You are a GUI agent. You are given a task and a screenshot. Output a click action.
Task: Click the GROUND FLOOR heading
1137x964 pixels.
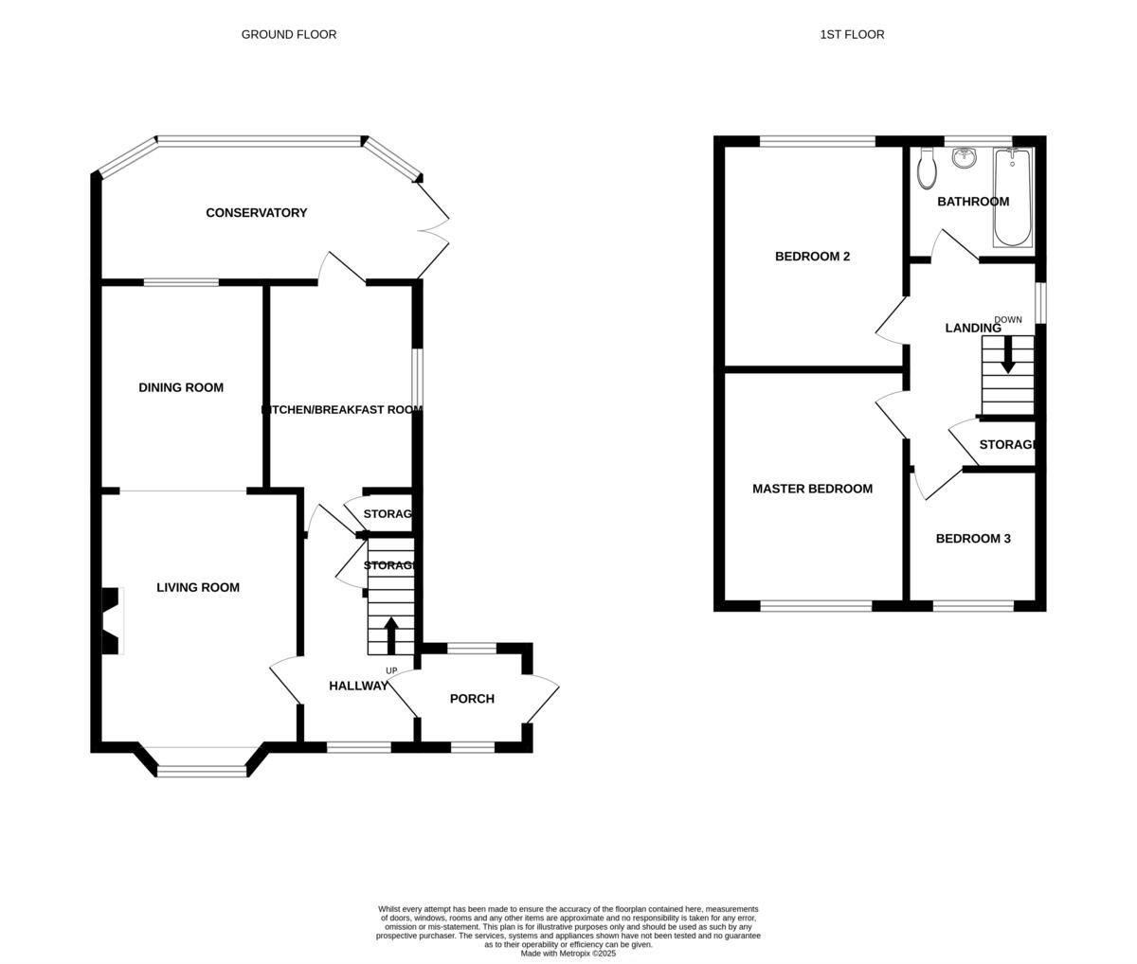(289, 34)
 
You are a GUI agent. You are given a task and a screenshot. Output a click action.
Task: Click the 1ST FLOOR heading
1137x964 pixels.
(852, 34)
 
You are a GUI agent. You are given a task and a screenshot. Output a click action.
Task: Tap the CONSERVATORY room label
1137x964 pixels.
(257, 213)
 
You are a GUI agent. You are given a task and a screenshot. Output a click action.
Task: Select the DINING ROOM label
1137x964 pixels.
(181, 387)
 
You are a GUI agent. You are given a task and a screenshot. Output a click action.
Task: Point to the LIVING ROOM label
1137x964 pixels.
(198, 587)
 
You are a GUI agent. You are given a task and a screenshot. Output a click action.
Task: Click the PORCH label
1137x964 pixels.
(472, 699)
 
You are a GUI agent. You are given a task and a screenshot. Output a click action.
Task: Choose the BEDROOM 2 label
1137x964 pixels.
(812, 257)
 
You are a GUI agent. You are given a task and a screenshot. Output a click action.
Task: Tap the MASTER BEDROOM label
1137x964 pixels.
(812, 489)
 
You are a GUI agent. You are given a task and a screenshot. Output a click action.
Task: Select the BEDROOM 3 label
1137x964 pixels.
(973, 539)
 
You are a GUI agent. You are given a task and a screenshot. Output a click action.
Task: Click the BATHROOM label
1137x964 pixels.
(973, 202)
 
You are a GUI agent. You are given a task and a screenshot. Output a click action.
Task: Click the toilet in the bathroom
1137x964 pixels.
(928, 170)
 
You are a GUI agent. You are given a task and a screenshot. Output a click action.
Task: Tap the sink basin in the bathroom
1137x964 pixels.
(965, 157)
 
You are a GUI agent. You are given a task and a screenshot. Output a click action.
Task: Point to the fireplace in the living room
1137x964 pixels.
(112, 621)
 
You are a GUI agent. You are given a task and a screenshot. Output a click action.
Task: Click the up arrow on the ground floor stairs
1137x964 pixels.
(390, 634)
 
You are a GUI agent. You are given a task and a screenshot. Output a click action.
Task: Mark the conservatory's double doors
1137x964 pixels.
(433, 228)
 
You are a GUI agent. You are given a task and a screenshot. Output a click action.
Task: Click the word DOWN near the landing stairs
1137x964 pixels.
(1008, 320)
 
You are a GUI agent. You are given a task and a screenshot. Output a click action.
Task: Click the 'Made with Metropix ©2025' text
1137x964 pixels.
(568, 954)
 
